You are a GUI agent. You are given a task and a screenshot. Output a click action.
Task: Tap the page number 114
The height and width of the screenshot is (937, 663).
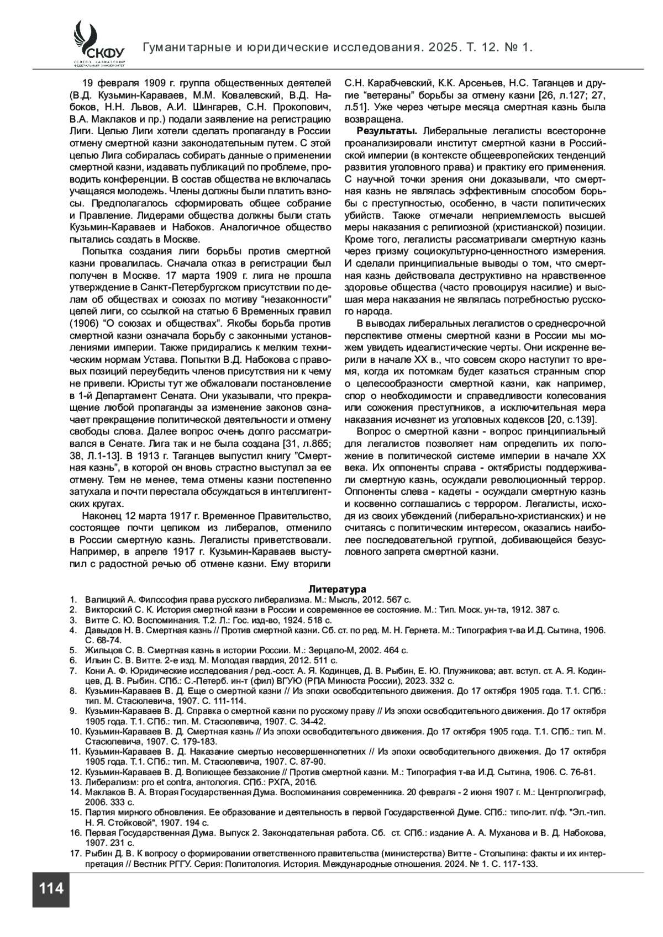tap(51, 889)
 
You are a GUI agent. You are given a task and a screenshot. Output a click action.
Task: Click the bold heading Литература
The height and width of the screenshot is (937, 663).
tap(337, 589)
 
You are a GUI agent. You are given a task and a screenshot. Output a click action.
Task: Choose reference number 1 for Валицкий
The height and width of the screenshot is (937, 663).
tap(72, 599)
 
